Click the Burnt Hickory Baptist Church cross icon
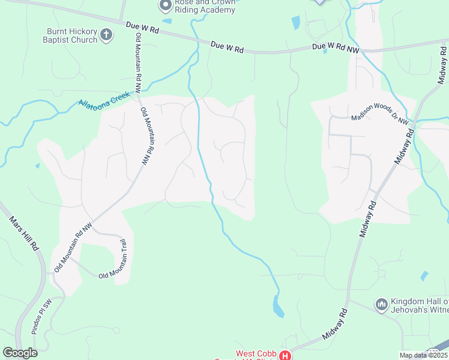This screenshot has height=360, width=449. [106, 35]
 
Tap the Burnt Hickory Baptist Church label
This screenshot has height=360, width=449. [72, 35]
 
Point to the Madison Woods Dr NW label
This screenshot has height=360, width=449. [380, 116]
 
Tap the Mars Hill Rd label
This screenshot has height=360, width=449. [24, 233]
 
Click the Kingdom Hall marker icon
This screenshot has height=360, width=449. [381, 305]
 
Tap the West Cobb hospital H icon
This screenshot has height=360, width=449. [285, 356]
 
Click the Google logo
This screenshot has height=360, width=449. [20, 353]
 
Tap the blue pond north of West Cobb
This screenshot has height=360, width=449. [279, 307]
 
